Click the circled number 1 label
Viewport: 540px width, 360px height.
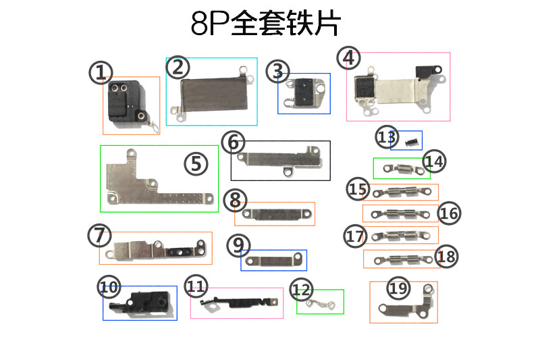101,72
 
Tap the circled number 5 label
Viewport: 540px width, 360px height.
195,163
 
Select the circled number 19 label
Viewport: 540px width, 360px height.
399,289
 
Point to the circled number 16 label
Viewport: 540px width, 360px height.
449,213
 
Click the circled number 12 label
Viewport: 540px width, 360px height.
302,290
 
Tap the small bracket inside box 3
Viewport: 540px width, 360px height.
304,93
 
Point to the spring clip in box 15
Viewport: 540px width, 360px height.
401,192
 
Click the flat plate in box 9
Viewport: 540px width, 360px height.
273,260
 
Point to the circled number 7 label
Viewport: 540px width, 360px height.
99,236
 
